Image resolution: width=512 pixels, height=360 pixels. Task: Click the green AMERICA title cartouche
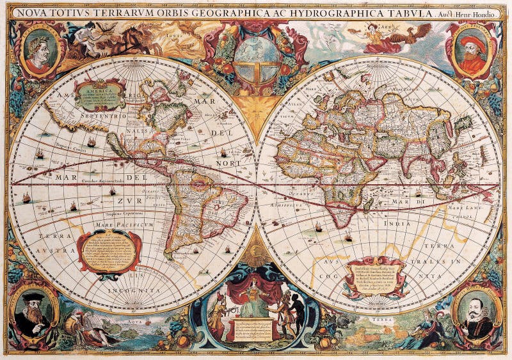pyautogui.click(x=100, y=95)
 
